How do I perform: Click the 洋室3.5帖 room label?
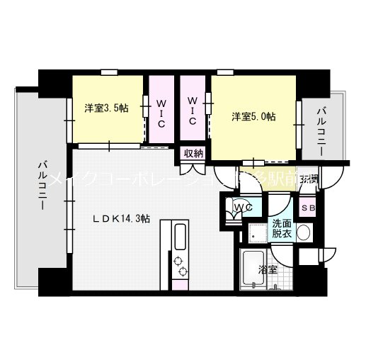click(x=106, y=108)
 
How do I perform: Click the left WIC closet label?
click(x=162, y=113)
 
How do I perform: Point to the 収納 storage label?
click(x=194, y=153)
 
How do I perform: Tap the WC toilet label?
click(x=244, y=207)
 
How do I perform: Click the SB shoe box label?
click(x=308, y=208)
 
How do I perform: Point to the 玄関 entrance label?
click(x=308, y=179)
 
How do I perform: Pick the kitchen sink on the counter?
click(x=178, y=233)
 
